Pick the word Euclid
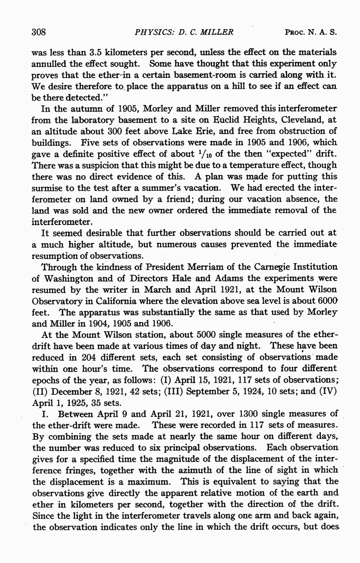[x=219, y=121]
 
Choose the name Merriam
[x=193, y=266]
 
